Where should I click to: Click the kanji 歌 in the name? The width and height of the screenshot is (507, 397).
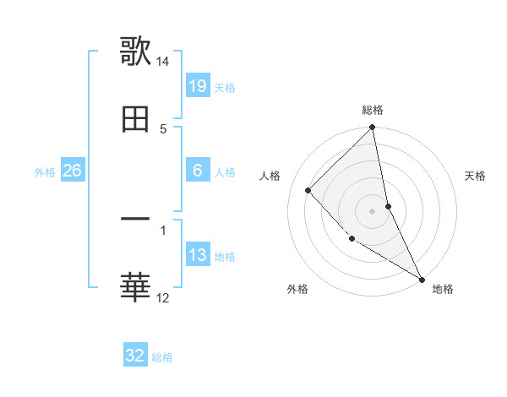pyautogui.click(x=135, y=51)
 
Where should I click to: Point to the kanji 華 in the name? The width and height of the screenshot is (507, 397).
pyautogui.click(x=135, y=288)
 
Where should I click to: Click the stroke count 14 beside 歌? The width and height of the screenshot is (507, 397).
pyautogui.click(x=163, y=62)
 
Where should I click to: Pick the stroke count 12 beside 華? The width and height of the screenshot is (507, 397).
pyautogui.click(x=163, y=298)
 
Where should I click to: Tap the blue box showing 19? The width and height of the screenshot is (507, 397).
pyautogui.click(x=198, y=86)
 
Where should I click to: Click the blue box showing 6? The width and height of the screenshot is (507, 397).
pyautogui.click(x=198, y=171)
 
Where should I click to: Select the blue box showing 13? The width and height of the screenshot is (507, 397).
pyautogui.click(x=198, y=255)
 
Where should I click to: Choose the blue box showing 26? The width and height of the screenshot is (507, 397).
pyautogui.click(x=72, y=171)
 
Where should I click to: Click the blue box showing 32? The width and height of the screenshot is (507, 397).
pyautogui.click(x=135, y=356)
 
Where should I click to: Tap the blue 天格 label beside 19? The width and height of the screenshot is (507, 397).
pyautogui.click(x=225, y=88)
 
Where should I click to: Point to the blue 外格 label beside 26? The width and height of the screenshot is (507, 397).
pyautogui.click(x=45, y=172)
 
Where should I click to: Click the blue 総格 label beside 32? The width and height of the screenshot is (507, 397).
pyautogui.click(x=162, y=357)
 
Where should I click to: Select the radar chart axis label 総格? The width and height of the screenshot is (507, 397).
pyautogui.click(x=373, y=110)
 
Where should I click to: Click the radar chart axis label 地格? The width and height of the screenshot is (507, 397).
pyautogui.click(x=443, y=289)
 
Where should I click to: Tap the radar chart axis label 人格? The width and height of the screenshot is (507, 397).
pyautogui.click(x=270, y=176)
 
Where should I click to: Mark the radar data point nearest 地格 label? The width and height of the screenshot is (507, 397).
pyautogui.click(x=421, y=279)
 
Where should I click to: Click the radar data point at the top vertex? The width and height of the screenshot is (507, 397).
pyautogui.click(x=373, y=128)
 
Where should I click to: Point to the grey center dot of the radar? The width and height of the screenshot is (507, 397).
pyautogui.click(x=373, y=211)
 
